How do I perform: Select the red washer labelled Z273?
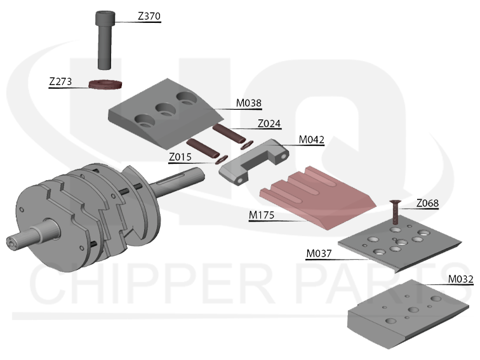tap(105, 83)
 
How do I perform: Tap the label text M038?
tap(250, 102)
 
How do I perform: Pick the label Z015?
tap(180, 157)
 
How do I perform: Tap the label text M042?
tap(311, 140)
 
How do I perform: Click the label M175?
tap(262, 217)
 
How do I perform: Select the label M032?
tap(460, 278)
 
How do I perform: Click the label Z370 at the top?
tap(147, 17)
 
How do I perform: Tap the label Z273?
tap(61, 82)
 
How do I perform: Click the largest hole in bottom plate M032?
tap(413, 310)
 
